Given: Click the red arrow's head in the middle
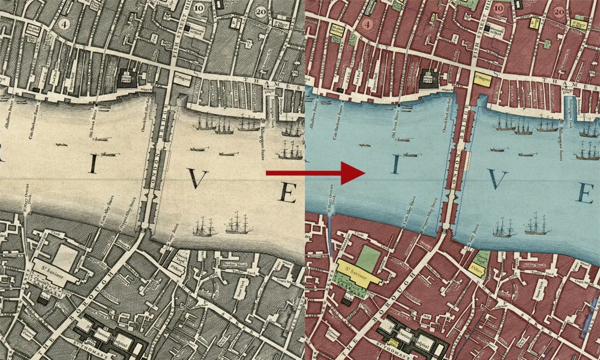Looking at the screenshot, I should coord(354,173).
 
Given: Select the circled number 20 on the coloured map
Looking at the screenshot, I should coord(559,11).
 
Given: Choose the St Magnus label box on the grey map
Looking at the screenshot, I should coord(182,78).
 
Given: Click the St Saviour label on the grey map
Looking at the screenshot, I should coord(53,265).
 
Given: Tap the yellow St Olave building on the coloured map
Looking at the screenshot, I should coord(477,271).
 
